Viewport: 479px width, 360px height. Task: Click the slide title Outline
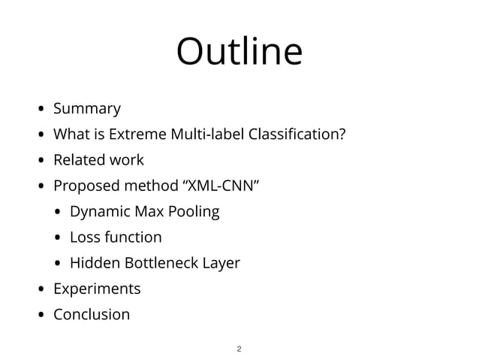tap(239, 53)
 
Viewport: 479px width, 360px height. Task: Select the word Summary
tap(86, 109)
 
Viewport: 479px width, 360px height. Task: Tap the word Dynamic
tap(98, 212)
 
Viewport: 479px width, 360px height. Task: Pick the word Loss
tap(83, 237)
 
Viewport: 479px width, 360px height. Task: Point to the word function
tap(132, 237)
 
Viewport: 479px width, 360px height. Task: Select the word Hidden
tap(93, 263)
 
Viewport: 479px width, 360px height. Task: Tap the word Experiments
tap(97, 289)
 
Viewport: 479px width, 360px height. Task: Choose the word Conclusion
tap(92, 314)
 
